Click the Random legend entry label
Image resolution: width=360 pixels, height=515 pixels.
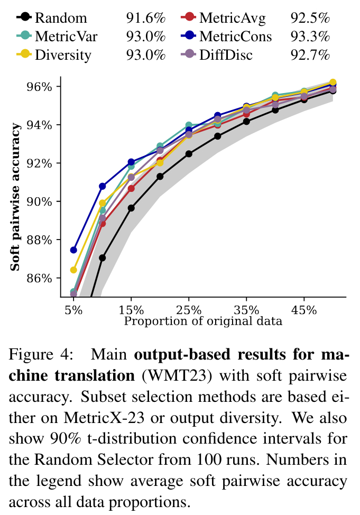click(x=61, y=19)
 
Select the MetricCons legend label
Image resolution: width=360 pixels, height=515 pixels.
click(x=235, y=36)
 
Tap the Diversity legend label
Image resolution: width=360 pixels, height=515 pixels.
click(x=63, y=54)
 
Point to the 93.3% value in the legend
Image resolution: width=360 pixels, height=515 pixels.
click(x=310, y=36)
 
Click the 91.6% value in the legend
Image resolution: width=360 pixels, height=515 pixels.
click(x=145, y=19)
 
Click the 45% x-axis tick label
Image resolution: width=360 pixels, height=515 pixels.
click(x=304, y=310)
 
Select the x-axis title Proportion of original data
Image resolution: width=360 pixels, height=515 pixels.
click(x=204, y=320)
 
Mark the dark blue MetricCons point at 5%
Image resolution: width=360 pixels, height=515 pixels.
click(x=73, y=250)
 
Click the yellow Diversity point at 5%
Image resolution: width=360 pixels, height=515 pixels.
click(x=73, y=270)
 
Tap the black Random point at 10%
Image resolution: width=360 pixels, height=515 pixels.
click(x=103, y=258)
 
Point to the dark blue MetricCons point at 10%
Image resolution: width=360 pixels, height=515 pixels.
click(x=103, y=186)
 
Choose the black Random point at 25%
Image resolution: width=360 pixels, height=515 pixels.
click(x=189, y=154)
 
